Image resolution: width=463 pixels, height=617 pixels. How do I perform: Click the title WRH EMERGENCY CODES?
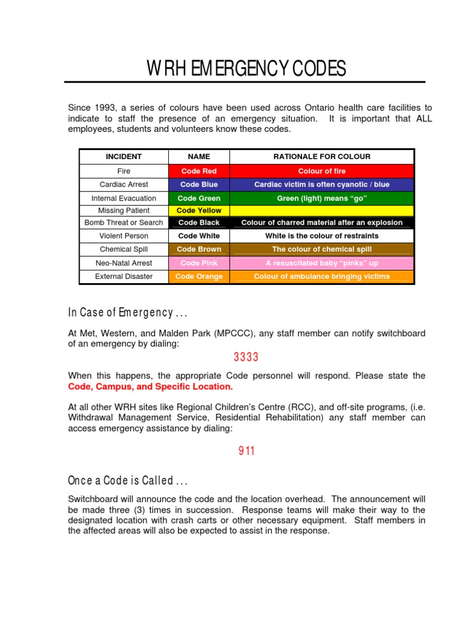pos(247,69)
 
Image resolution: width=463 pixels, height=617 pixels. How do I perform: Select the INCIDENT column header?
pos(124,157)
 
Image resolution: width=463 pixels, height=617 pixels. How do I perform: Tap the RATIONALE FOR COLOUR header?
pos(322,157)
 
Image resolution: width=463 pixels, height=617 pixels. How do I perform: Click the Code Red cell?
pos(199,171)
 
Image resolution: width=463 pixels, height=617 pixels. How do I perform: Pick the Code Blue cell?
pos(199,184)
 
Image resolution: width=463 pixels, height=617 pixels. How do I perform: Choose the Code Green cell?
pos(199,198)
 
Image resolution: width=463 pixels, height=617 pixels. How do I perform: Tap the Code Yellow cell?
pos(199,210)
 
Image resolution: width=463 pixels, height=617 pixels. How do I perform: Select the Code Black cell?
pos(199,222)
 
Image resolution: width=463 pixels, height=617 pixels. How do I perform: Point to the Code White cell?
pos(199,236)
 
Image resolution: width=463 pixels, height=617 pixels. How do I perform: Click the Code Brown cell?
pos(199,249)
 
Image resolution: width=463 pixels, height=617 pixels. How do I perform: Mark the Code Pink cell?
pos(199,263)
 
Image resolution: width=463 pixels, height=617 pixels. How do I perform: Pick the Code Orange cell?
pos(199,277)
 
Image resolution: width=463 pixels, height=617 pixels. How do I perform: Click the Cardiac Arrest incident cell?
pos(124,184)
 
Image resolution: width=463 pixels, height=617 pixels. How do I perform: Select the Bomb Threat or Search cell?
pos(124,222)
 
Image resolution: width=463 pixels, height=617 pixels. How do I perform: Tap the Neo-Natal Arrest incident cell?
pos(124,263)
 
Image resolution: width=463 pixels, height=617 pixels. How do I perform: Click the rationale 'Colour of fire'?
pos(322,171)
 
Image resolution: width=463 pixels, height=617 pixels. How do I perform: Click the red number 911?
pos(246,451)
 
